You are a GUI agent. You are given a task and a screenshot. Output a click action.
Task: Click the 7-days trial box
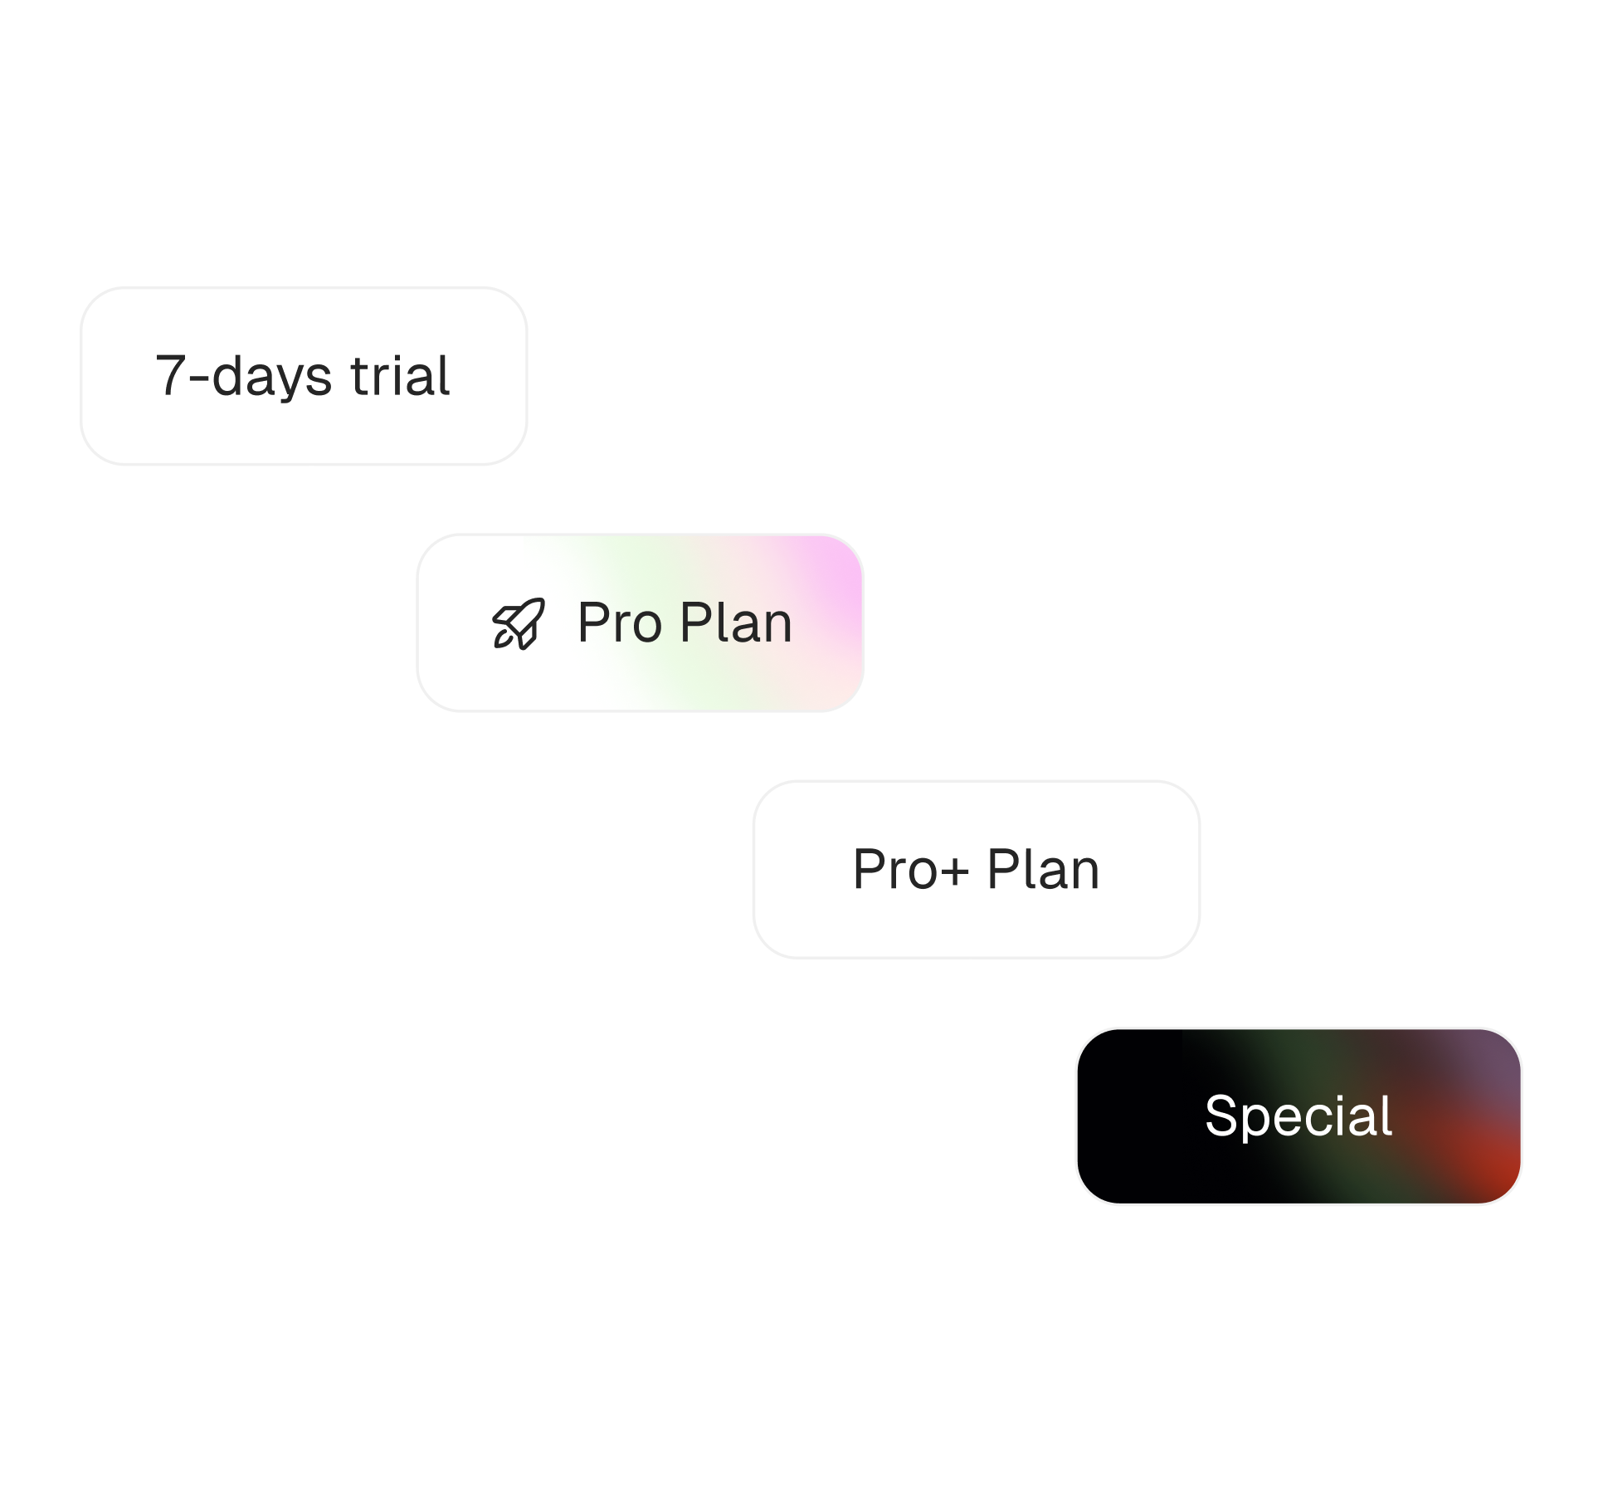click(x=304, y=376)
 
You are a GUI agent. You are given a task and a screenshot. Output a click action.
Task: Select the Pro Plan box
click(x=640, y=622)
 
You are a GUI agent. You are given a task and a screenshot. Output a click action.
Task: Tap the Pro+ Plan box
click(x=976, y=869)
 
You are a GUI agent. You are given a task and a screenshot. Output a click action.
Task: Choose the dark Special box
click(x=1298, y=1116)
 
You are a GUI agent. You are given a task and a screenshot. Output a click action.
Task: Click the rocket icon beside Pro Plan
click(x=519, y=623)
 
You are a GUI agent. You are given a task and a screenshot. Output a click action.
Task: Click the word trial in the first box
click(x=400, y=376)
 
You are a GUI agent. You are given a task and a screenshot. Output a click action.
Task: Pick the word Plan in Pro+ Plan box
click(x=1043, y=869)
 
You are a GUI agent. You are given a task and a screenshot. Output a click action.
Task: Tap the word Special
click(x=1298, y=1116)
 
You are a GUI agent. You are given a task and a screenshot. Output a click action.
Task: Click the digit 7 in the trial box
click(x=170, y=376)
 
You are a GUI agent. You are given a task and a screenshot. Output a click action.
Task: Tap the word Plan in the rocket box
click(x=736, y=622)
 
